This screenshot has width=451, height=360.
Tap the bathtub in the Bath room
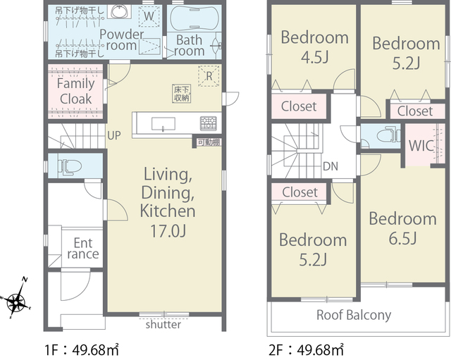pyautogui.click(x=194, y=18)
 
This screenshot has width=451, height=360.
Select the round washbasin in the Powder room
pyautogui.click(x=119, y=11)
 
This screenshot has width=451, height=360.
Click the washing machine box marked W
pyautogui.click(x=149, y=15)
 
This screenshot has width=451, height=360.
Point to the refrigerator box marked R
pyautogui.click(x=209, y=76)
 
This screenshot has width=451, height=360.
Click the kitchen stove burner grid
pyautogui.click(x=209, y=123)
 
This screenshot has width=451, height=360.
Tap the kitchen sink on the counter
pyautogui.click(x=163, y=124)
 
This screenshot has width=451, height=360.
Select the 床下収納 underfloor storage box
pyautogui.click(x=182, y=94)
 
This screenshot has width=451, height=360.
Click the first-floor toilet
pyautogui.click(x=70, y=166)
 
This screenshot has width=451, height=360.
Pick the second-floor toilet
pyautogui.click(x=388, y=135)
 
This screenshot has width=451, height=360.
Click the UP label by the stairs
pyautogui.click(x=114, y=135)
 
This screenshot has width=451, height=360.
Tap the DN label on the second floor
pyautogui.click(x=330, y=166)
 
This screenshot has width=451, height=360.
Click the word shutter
pyautogui.click(x=163, y=325)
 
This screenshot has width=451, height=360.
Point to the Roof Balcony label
pyautogui.click(x=354, y=315)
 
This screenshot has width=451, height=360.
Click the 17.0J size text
pyautogui.click(x=168, y=230)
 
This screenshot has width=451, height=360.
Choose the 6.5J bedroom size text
pyautogui.click(x=402, y=238)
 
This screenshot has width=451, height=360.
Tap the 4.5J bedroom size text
pyautogui.click(x=315, y=57)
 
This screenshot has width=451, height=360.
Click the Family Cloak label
pyautogui.click(x=75, y=91)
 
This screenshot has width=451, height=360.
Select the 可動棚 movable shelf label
pyautogui.click(x=209, y=142)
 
